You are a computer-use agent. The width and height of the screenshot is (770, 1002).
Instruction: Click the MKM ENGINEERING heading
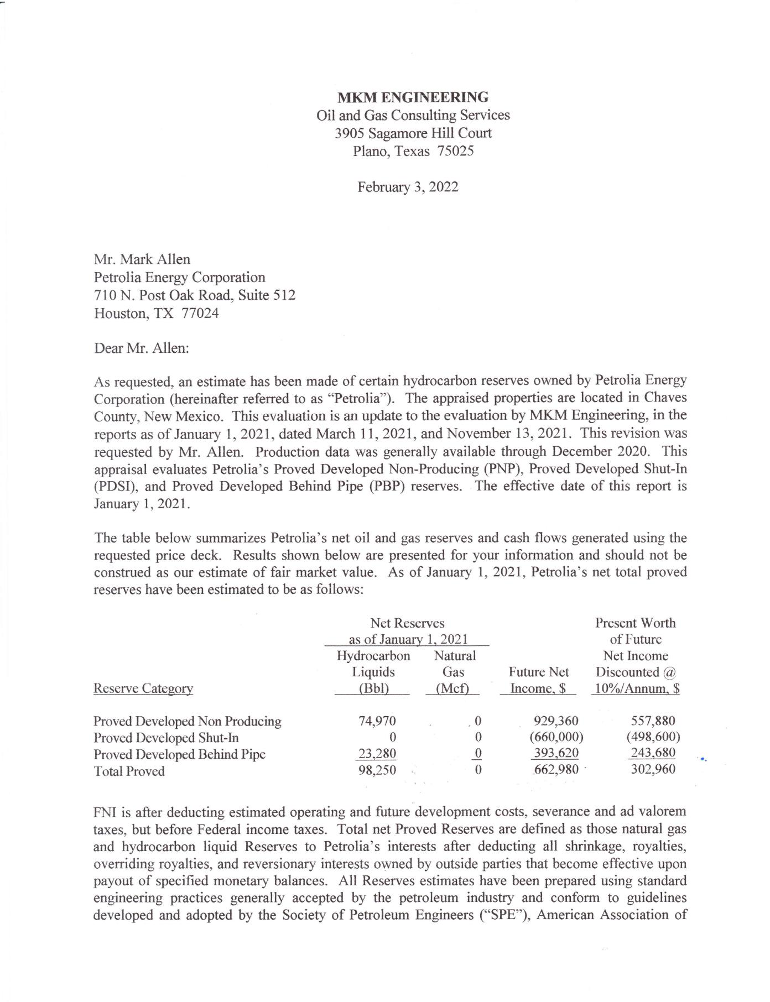[413, 97]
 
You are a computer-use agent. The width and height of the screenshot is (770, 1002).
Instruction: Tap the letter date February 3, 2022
[408, 187]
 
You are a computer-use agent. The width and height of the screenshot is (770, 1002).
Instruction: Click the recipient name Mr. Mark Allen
[142, 259]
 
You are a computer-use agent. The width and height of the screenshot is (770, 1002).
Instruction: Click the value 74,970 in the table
[377, 721]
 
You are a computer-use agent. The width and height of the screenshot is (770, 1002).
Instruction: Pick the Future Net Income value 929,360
[556, 721]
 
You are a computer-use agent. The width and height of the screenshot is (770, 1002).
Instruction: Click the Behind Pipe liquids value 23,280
[377, 754]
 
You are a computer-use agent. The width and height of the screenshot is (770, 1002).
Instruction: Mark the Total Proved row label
[129, 771]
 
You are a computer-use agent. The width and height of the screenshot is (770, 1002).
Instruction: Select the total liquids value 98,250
[377, 770]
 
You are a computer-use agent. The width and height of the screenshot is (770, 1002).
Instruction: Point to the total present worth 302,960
[653, 770]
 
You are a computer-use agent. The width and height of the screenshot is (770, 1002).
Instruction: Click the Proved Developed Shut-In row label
[166, 738]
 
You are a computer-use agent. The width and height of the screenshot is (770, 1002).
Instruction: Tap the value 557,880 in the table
[653, 721]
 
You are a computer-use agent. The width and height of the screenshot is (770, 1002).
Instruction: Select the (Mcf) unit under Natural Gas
[453, 688]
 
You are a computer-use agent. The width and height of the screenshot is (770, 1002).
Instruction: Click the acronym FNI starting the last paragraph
[105, 812]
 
